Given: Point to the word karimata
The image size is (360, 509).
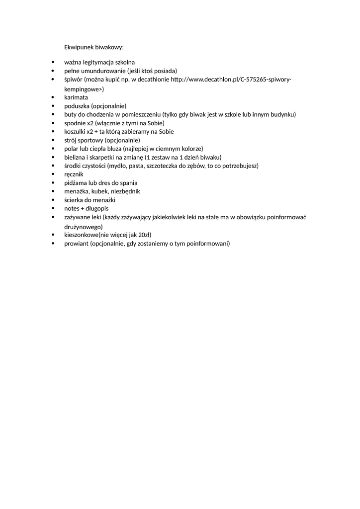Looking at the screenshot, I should [x=76, y=97].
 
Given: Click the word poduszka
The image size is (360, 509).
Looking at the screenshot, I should [x=77, y=106].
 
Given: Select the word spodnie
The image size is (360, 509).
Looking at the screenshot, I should [x=75, y=123].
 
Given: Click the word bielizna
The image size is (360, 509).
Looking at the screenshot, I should [x=76, y=157].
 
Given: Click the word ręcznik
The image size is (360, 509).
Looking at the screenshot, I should [x=74, y=174].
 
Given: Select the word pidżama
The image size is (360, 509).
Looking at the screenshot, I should [x=76, y=183].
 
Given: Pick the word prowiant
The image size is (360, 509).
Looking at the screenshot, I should [x=77, y=244].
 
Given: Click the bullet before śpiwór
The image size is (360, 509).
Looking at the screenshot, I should [x=53, y=80].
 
